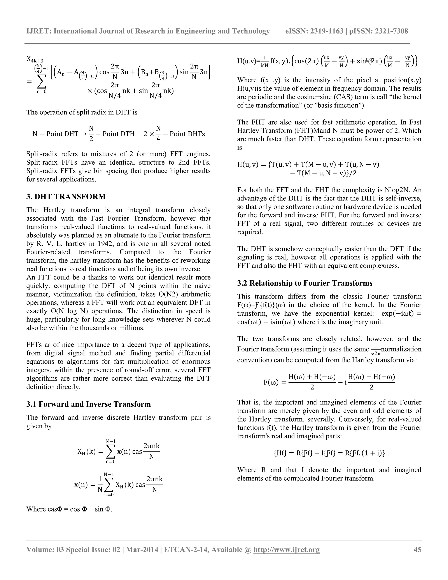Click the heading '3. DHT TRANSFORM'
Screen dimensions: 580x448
(66, 197)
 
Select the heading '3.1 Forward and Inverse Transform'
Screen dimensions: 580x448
(88, 404)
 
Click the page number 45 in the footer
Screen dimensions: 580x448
(417, 549)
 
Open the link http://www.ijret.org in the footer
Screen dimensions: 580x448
(286, 549)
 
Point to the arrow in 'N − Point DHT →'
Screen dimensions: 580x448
(83, 134)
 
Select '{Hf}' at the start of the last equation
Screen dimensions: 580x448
(280, 453)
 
